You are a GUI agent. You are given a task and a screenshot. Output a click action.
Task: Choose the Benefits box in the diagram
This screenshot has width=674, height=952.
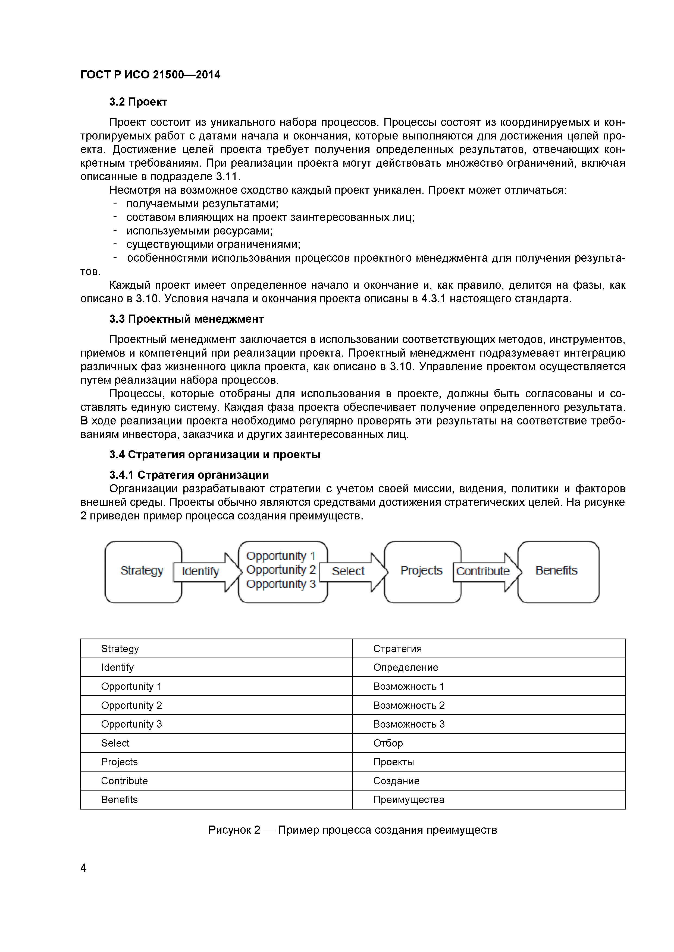[x=557, y=571]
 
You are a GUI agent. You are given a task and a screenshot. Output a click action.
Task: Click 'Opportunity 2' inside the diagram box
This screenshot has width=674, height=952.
[x=281, y=570]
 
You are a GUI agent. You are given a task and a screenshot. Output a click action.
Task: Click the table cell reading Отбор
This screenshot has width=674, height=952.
[x=388, y=743]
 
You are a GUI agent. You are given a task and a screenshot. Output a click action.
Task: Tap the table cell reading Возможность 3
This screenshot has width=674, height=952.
[x=409, y=724]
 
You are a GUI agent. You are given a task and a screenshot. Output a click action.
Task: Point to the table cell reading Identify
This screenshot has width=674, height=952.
[x=117, y=668]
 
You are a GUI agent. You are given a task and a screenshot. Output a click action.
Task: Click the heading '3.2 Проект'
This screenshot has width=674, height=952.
[x=138, y=102]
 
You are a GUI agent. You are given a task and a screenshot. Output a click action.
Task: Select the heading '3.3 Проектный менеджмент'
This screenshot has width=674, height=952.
[x=186, y=319]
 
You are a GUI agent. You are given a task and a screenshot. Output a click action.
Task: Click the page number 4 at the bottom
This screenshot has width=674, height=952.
[x=83, y=868]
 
